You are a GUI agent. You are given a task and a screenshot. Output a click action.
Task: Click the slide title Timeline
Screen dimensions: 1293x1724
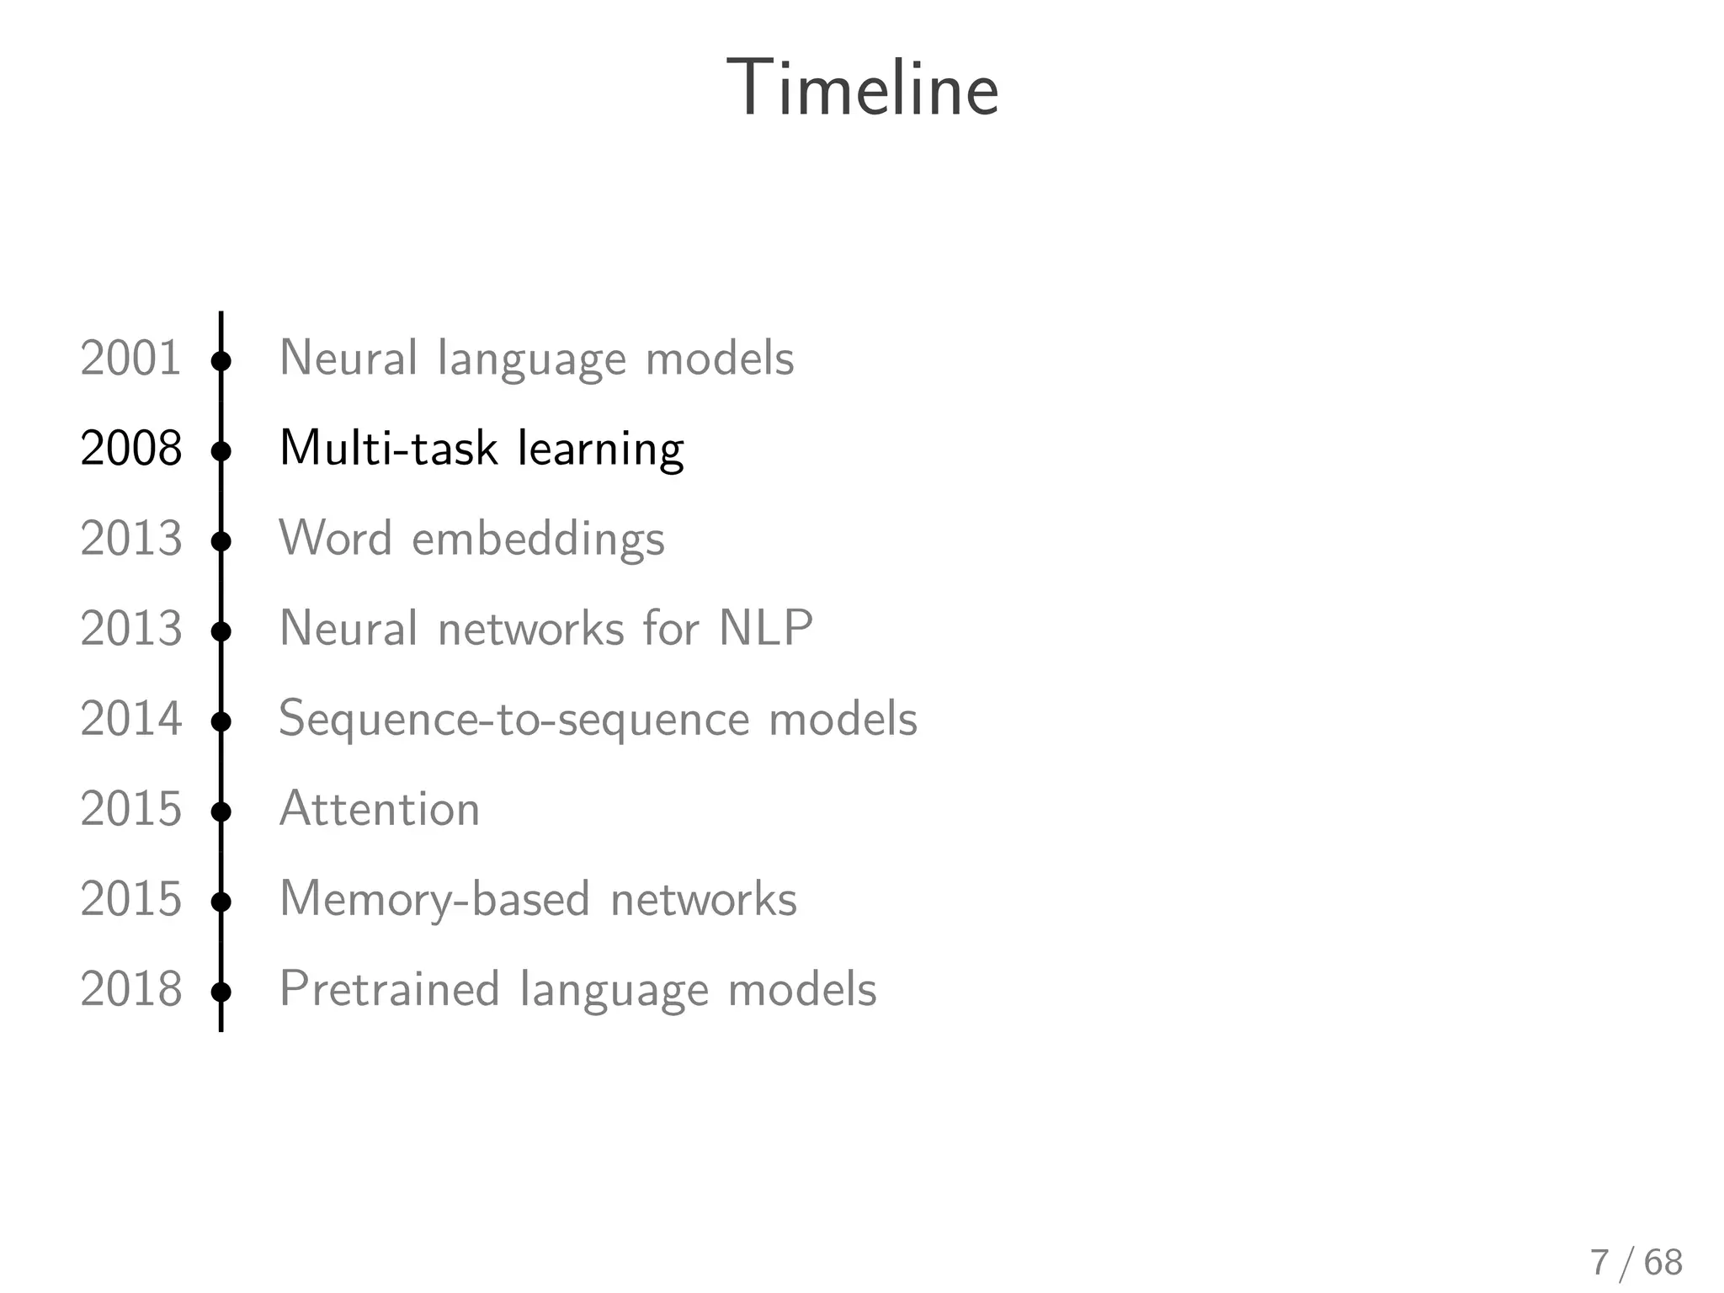(862, 88)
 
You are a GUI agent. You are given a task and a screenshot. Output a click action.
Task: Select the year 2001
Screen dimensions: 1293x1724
(130, 358)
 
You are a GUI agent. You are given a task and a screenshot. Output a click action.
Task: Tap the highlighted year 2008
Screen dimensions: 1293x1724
(130, 448)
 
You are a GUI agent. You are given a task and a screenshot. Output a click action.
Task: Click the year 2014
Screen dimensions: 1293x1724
(130, 719)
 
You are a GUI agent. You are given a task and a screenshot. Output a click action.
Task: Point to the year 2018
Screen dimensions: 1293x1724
(130, 989)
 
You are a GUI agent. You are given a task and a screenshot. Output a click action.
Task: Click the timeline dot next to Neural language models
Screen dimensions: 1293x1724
(221, 361)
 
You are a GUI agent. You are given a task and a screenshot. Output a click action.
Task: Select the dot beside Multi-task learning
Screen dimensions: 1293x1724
(221, 451)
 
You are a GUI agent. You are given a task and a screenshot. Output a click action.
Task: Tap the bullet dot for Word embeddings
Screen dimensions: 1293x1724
(221, 541)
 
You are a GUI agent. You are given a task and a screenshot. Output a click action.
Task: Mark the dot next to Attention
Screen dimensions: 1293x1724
(221, 811)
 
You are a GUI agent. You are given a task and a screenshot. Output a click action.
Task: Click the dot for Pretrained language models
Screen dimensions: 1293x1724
(221, 992)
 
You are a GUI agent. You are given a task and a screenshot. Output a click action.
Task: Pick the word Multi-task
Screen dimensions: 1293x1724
(389, 448)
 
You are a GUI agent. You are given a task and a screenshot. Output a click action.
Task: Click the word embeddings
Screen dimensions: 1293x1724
(538, 539)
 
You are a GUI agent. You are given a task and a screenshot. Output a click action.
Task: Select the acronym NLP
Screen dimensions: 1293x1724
(765, 628)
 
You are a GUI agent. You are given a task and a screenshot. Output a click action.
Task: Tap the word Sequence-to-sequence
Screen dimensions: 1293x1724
(514, 720)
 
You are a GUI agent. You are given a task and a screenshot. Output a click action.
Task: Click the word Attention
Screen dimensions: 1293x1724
(380, 809)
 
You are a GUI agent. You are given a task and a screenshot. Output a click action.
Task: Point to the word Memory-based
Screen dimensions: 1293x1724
(434, 899)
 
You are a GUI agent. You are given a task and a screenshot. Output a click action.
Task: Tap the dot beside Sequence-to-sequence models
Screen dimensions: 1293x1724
(221, 721)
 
